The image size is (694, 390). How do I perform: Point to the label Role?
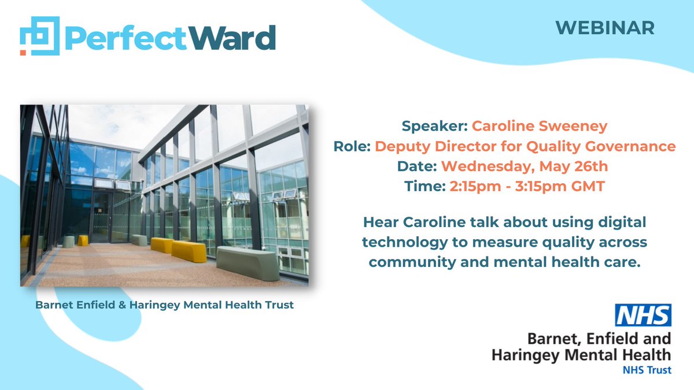point(352,146)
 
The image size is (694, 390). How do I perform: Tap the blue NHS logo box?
point(643,315)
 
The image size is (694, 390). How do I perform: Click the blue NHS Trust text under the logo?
point(647,370)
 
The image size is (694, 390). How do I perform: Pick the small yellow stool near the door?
point(83,240)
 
